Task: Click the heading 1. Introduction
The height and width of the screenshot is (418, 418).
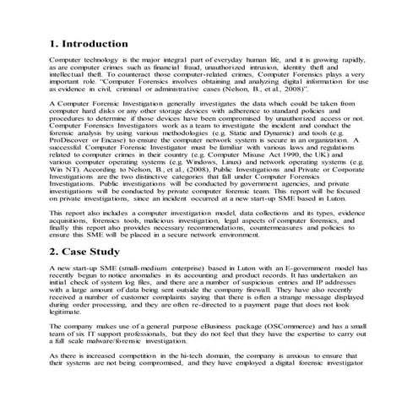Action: coord(89,43)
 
